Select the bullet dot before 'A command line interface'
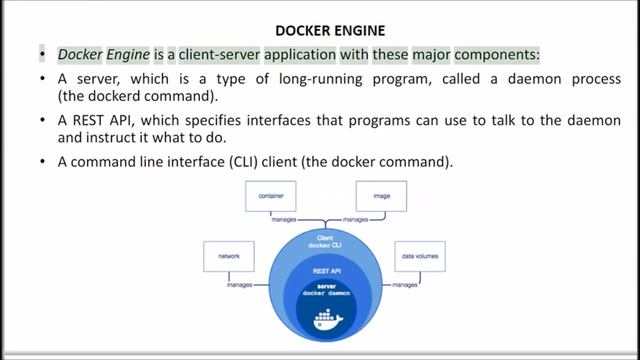[42, 160]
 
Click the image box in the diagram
[380, 198]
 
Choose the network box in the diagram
[227, 257]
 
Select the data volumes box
[419, 257]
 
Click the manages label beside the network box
[239, 285]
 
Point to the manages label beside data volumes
[404, 285]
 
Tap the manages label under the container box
[274, 218]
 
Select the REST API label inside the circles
[323, 270]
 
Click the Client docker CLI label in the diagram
[323, 242]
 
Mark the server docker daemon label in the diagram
[323, 291]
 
